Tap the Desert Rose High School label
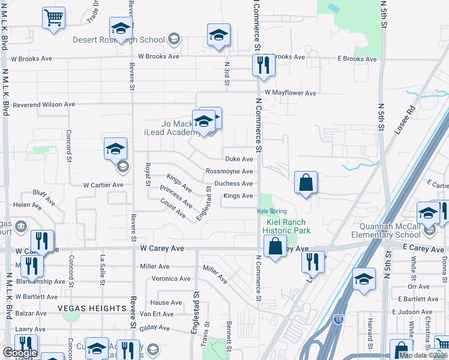coord(118,40)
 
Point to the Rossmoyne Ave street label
coord(229,172)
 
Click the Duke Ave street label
coord(239,159)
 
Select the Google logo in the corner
coord(20,353)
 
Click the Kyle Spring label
coord(272,211)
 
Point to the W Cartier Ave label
coord(103,185)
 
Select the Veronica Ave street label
coord(170,278)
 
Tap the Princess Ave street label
coord(176,197)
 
